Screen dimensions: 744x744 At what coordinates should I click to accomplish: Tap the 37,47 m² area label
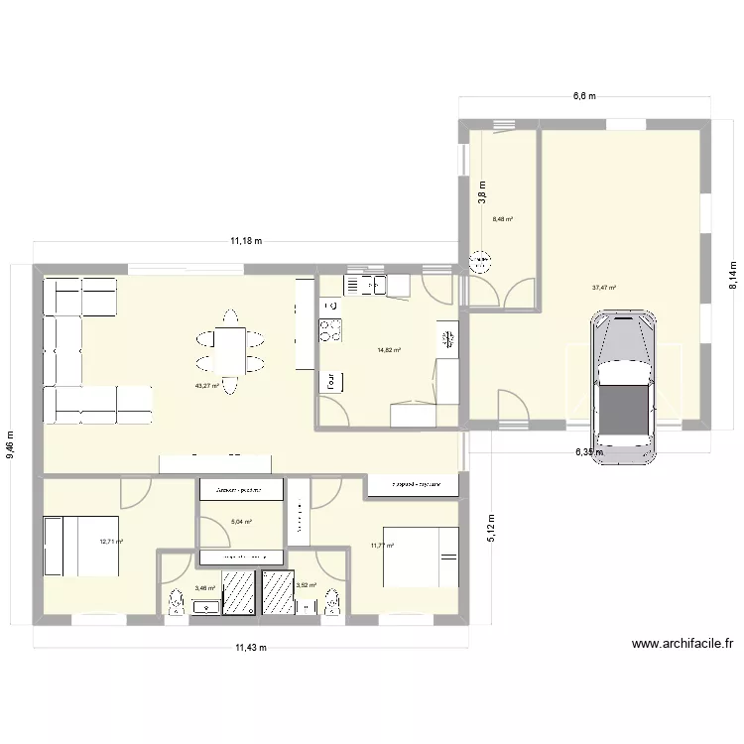click(x=604, y=288)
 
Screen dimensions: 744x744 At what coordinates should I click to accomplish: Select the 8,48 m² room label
click(x=503, y=220)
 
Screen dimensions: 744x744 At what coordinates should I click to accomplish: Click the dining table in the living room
click(x=229, y=350)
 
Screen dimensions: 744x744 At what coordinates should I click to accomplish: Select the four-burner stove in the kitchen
click(x=327, y=329)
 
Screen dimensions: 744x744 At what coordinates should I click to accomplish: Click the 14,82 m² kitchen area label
click(x=388, y=349)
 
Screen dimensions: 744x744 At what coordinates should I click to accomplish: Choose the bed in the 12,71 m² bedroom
click(x=81, y=545)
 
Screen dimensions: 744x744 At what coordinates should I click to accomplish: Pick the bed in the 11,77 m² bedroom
click(x=422, y=556)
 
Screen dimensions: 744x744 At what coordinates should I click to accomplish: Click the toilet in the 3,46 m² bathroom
click(x=177, y=601)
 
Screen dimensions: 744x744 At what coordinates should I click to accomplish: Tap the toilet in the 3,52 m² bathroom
click(x=333, y=601)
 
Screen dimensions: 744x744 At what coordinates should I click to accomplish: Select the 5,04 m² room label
click(x=241, y=522)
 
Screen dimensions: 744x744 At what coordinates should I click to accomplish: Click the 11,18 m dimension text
click(x=246, y=240)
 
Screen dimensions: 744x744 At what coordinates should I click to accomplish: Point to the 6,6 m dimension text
click(x=584, y=96)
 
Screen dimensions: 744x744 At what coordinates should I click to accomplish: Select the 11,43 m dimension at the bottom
click(x=252, y=647)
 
